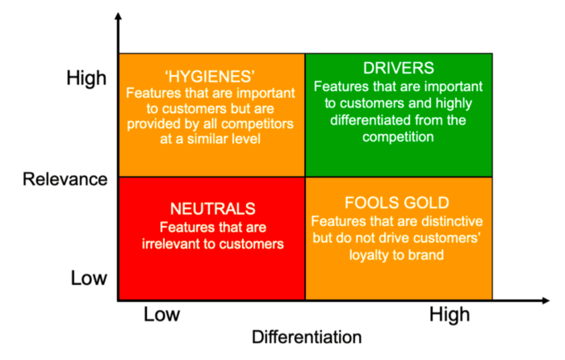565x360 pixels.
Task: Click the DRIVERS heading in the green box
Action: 398,68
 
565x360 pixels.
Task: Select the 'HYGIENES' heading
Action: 210,77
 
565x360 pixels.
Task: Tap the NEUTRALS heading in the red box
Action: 212,208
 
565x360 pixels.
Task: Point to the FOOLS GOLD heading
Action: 397,203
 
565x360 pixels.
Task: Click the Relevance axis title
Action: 65,179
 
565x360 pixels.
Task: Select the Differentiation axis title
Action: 307,337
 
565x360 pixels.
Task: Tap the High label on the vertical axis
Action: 86,77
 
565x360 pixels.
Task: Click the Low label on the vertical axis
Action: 89,278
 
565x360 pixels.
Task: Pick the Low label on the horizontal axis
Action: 161,314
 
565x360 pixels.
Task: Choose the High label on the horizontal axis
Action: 450,315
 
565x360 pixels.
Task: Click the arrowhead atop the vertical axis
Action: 118,16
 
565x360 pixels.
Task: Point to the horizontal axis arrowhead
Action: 546,300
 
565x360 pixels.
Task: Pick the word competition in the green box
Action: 398,137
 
